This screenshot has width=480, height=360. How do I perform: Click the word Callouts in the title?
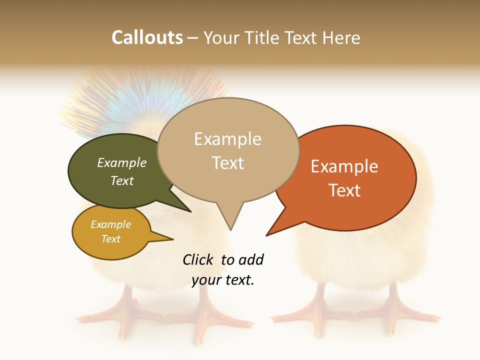[147, 37]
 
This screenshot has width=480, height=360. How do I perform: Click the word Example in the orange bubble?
[344, 166]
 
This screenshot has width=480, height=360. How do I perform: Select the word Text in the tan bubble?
[228, 163]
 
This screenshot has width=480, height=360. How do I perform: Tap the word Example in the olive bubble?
[122, 163]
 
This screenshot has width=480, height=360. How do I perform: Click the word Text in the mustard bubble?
[111, 239]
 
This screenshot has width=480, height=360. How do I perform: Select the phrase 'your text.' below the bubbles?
[223, 280]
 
